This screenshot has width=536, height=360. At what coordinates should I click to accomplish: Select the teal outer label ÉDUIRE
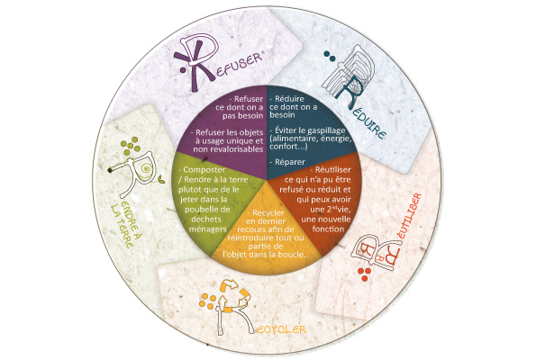[x=368, y=124]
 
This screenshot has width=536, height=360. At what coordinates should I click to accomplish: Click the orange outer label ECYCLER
[x=281, y=329]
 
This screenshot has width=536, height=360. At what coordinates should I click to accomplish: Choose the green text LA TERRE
[x=122, y=227]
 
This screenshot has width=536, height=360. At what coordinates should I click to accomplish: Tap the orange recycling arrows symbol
[x=232, y=296]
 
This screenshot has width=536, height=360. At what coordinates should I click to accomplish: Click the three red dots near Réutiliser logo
[x=365, y=274]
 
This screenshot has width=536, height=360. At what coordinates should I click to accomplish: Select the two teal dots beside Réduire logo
[x=330, y=57]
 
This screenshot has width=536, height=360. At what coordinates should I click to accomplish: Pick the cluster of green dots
[x=131, y=146]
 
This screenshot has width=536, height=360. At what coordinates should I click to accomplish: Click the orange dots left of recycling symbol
[x=207, y=301]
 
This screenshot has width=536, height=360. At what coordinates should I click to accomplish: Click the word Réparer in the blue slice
[x=290, y=162]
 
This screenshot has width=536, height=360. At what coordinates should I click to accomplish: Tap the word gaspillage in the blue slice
[x=326, y=130]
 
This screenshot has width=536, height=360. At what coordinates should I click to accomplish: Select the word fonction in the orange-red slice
[x=328, y=229]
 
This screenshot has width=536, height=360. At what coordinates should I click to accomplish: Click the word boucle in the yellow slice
[x=292, y=255]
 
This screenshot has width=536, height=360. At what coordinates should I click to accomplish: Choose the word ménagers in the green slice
[x=208, y=229]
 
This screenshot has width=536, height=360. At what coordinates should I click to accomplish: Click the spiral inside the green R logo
[x=147, y=168]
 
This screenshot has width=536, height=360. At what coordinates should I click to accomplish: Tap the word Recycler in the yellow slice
[x=268, y=213]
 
